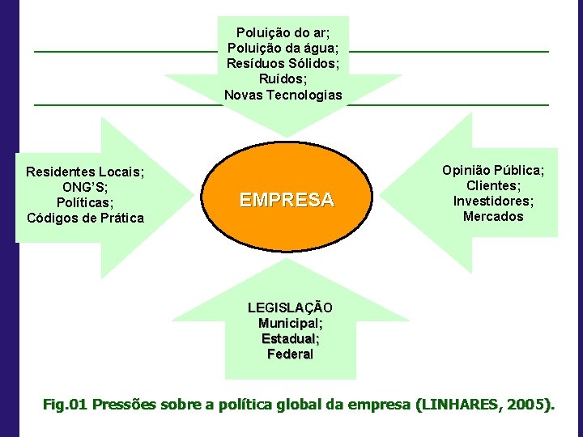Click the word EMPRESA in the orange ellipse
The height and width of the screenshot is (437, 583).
287,200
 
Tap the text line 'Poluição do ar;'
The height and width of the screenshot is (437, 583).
283,33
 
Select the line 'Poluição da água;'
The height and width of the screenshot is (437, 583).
283,49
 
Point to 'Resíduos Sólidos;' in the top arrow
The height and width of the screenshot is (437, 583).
283,64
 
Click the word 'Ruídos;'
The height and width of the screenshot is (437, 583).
283,79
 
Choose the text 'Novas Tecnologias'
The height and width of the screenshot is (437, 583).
283,95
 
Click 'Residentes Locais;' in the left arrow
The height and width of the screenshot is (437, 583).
85,172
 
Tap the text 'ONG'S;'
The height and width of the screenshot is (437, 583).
85,187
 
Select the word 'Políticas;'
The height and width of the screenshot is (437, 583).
85,202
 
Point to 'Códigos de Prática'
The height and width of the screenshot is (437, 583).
85,218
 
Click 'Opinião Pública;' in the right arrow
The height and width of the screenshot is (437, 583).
493,170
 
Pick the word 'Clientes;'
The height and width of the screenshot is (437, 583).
493,185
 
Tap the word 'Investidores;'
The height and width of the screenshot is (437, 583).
493,201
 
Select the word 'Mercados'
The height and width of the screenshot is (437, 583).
493,216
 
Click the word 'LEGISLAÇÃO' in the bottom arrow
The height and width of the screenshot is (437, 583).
290,308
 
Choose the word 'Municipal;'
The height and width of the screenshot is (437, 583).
290,324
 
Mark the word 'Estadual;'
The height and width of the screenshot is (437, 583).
290,339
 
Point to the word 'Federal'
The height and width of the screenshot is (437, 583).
290,354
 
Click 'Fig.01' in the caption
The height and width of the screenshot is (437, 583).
65,404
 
